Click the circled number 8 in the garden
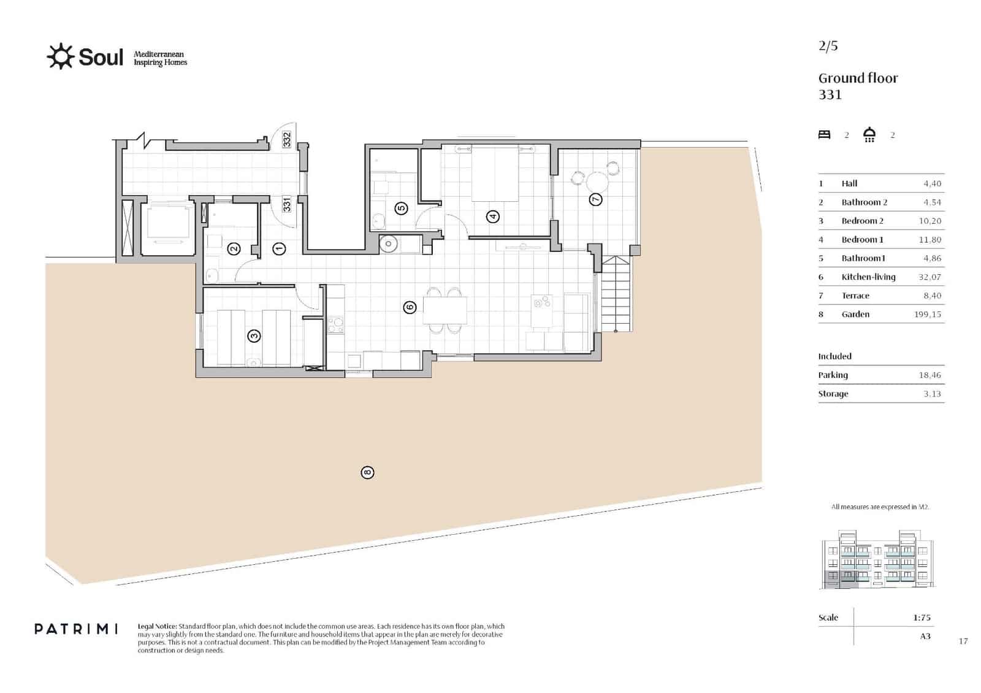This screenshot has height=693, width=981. point(367,472)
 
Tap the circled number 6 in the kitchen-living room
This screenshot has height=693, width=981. point(410,307)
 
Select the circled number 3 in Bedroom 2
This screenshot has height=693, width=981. point(254,335)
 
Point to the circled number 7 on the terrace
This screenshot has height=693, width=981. point(595,199)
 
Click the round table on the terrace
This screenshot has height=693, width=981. point(597,182)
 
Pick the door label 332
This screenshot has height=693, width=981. point(287,140)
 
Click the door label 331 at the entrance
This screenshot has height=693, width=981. point(287,204)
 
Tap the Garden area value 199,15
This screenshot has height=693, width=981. point(927,314)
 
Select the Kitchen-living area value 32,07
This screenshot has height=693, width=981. point(929,277)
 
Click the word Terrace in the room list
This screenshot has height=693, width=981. point(855,296)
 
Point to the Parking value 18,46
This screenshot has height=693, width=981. point(929,375)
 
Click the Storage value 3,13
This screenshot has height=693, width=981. point(932,394)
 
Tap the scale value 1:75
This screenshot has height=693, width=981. point(922,618)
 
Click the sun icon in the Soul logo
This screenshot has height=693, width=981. point(60,56)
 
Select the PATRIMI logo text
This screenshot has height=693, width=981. point(76,629)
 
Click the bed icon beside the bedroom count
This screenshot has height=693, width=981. point(824,135)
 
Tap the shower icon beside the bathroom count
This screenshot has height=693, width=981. point(869,135)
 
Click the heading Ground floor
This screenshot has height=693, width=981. point(858,78)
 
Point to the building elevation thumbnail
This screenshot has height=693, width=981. point(877,561)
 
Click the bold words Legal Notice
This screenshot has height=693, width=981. point(158,626)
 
